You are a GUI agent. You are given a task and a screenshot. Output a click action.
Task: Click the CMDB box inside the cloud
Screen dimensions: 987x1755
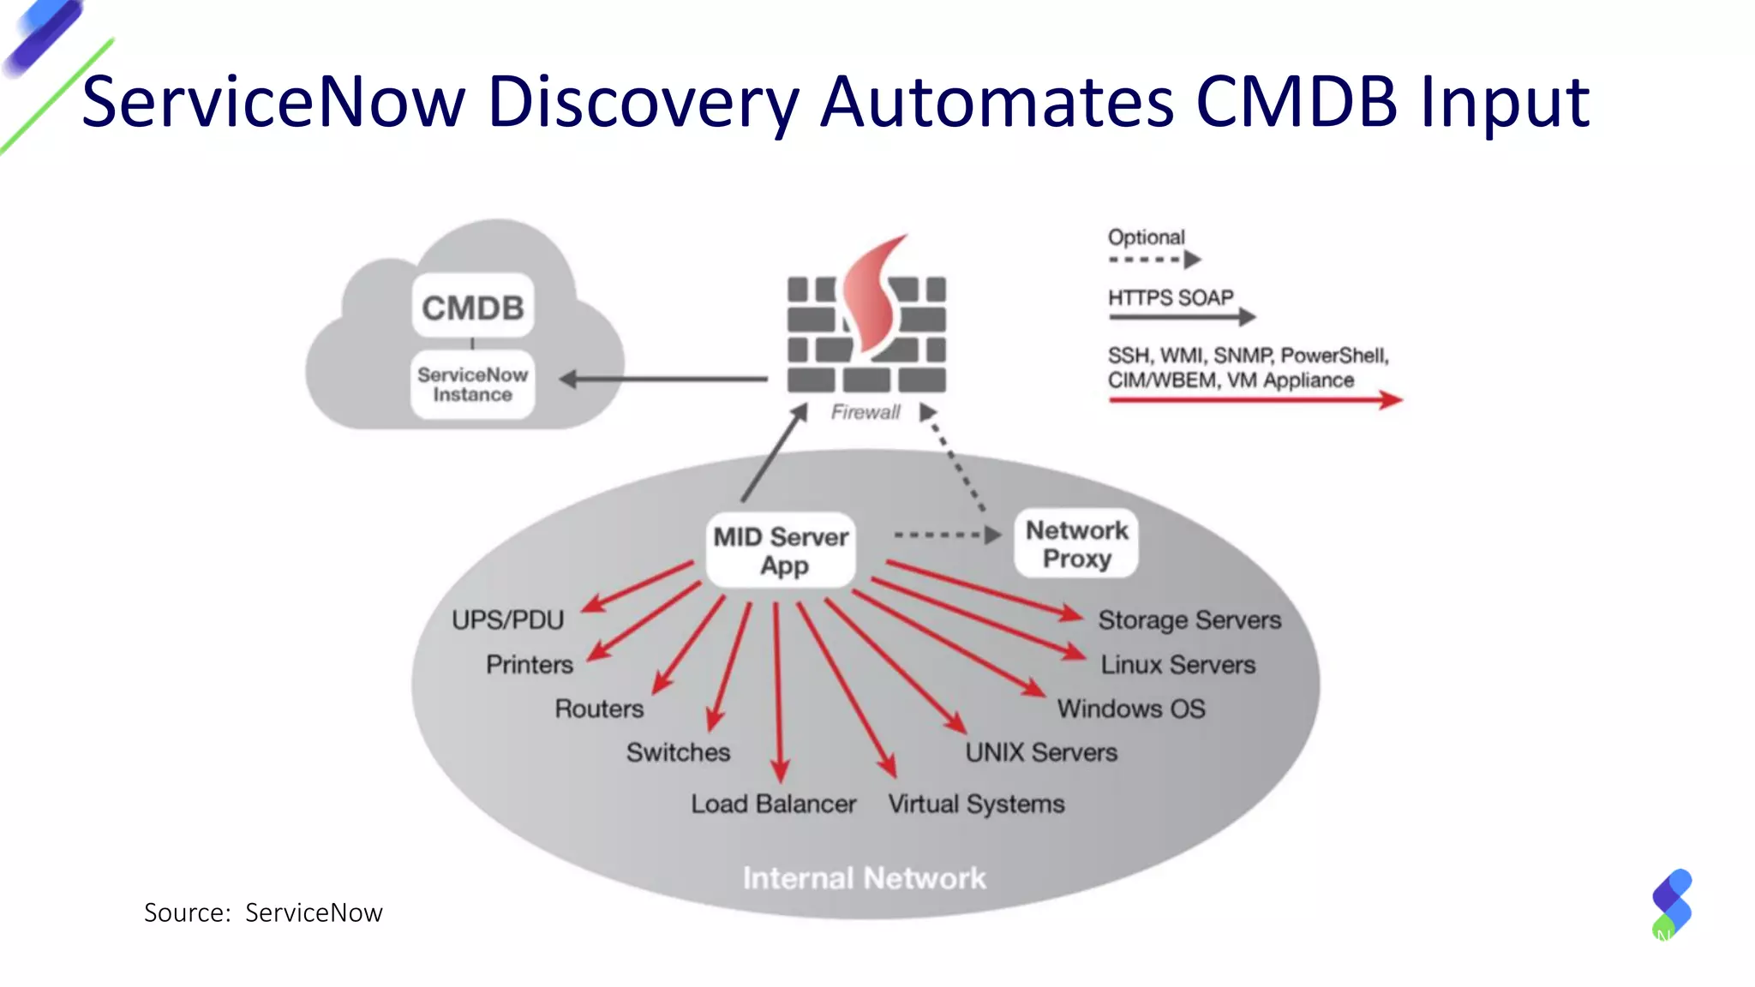(472, 306)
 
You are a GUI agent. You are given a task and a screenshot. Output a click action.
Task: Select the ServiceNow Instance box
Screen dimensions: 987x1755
(472, 385)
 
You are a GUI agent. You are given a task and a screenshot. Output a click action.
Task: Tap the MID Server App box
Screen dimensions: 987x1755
(781, 551)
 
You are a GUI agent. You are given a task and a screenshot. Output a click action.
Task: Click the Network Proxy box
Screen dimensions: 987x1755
(1076, 544)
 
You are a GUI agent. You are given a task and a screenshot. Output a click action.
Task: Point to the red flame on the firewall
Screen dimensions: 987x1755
(872, 296)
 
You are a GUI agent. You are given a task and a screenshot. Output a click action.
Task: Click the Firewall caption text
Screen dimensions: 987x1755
(866, 412)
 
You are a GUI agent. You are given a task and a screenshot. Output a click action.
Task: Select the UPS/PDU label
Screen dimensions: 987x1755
(507, 619)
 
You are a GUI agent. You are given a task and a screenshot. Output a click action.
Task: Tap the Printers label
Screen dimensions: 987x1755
(529, 664)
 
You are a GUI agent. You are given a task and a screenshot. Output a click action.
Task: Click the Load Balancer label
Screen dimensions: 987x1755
(773, 804)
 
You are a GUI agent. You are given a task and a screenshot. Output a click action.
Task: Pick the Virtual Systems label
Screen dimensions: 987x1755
(976, 804)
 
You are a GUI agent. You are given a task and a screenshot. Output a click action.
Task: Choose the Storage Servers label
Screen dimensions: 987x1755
(1189, 619)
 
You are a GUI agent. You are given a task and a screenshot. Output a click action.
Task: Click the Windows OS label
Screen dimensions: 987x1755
(1130, 709)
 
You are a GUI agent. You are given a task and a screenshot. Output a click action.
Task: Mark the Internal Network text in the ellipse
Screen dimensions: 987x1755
(864, 878)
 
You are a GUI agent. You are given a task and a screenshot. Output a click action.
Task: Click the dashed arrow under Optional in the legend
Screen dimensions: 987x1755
(1153, 260)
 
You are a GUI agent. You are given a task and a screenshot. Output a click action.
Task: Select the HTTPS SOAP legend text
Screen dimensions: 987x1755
(1170, 297)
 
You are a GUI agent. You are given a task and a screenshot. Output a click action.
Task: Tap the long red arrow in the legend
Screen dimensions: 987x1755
(1255, 399)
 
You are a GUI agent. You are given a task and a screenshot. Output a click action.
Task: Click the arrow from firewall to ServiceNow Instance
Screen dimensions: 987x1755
(664, 379)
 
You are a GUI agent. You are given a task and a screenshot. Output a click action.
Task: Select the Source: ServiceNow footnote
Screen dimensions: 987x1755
(263, 912)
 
